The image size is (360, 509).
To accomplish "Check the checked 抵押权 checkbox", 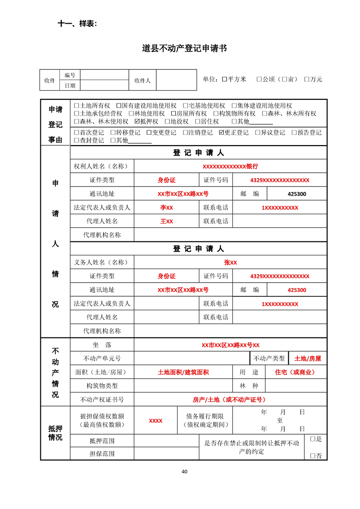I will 138,122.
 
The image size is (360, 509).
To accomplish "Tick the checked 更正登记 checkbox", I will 222,133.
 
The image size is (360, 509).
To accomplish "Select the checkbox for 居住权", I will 197,122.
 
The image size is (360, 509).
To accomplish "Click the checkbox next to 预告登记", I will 294,133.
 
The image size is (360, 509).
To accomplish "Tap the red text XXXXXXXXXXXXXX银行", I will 230,166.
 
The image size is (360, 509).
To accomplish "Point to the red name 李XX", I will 167,208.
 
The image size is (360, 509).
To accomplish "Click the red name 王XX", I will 167,221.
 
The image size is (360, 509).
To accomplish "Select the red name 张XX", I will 230,263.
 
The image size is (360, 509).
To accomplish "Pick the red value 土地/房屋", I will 307,358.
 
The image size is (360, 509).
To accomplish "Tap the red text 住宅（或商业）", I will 295,372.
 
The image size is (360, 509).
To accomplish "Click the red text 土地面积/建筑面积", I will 183,372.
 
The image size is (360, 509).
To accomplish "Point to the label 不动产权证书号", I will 102,400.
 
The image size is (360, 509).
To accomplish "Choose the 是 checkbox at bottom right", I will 313,439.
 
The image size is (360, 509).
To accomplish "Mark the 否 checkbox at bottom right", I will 313,455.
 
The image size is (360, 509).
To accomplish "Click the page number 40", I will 184,471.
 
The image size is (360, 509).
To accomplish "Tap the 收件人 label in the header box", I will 143,80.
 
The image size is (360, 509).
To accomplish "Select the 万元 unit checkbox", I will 307,79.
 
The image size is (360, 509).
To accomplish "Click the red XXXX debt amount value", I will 156,421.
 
